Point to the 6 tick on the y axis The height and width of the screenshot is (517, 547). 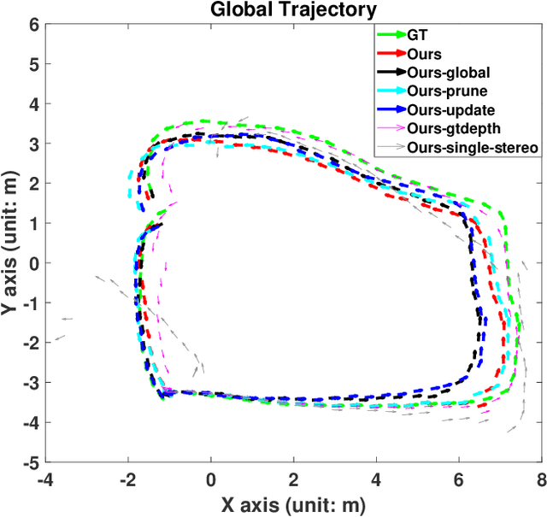34,25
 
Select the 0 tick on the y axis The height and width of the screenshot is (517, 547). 34,263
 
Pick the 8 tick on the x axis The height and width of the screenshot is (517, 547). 540,479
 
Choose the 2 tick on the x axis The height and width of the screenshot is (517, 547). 293,479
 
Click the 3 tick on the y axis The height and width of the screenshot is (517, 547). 34,144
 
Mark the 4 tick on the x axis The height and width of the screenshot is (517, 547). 375,479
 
